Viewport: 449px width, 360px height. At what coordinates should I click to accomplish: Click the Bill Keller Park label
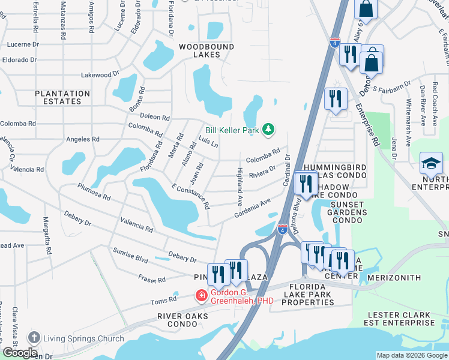tap(231, 130)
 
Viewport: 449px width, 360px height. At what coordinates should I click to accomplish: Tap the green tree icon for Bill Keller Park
tap(269, 129)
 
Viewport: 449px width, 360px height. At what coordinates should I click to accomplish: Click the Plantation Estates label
tap(62, 97)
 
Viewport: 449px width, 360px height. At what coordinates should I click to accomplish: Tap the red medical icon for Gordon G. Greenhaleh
tap(201, 295)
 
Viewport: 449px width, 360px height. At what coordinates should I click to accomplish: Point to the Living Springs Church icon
tap(34, 338)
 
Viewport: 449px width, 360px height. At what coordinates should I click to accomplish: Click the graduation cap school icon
tap(431, 163)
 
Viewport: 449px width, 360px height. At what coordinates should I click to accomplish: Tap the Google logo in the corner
tap(20, 353)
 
